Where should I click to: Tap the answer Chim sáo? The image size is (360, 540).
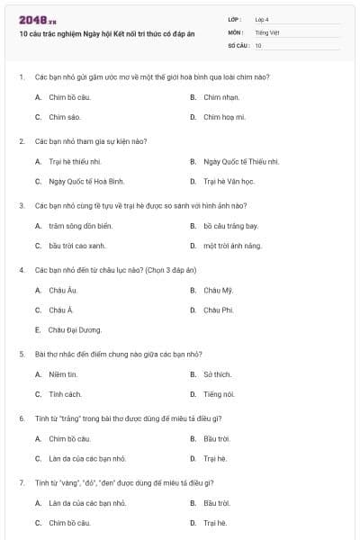[x=65, y=117]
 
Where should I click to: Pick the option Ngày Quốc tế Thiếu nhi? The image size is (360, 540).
[x=240, y=161]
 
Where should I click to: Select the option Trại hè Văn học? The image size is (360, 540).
[x=227, y=181]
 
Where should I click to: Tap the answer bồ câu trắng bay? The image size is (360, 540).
[x=230, y=225]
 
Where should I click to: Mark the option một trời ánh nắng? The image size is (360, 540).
[x=232, y=245]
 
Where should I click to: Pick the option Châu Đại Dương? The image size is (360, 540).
[x=75, y=329]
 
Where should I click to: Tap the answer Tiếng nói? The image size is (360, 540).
[x=219, y=393]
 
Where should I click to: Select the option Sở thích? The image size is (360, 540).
[x=218, y=373]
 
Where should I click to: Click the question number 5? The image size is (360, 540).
[x=21, y=354]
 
